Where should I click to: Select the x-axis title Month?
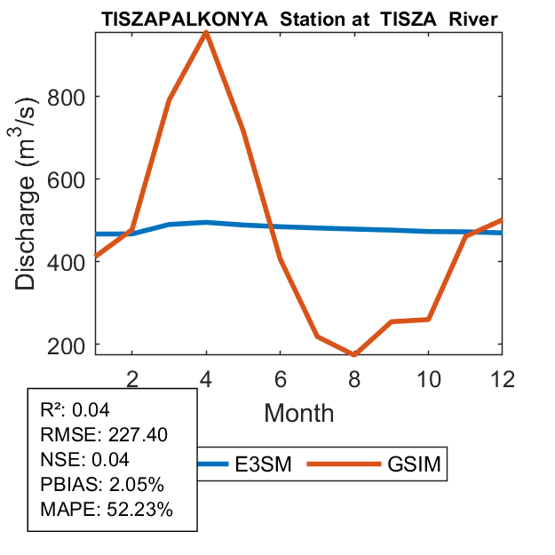(298, 412)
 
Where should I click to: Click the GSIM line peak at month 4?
(206, 33)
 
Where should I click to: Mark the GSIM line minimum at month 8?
(354, 354)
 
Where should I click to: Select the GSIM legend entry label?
(416, 464)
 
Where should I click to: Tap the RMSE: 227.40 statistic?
(104, 435)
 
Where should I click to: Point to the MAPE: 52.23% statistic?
(107, 511)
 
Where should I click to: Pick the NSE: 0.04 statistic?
(85, 460)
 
